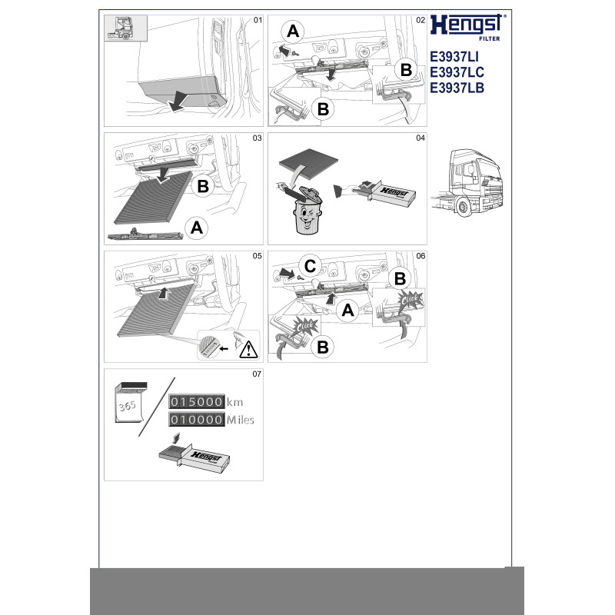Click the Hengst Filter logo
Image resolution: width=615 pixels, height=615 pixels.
tap(467, 28)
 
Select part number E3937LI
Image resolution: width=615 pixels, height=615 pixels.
tap(454, 57)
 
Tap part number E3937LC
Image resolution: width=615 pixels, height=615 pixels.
tap(457, 72)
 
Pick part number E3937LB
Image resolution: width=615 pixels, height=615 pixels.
tap(457, 88)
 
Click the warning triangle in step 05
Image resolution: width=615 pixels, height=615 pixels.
tap(248, 349)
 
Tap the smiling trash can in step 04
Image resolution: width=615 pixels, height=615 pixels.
tap(307, 211)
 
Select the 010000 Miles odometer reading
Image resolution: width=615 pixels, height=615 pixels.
tap(211, 420)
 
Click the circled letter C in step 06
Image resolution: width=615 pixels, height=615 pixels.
tap(310, 266)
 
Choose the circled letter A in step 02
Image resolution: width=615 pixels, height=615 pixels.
tap(293, 31)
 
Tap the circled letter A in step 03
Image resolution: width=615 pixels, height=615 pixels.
tap(197, 228)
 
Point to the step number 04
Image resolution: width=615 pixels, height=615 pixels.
tap(420, 138)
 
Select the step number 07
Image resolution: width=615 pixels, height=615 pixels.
tap(257, 374)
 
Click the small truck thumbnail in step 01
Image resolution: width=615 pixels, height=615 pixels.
tap(125, 28)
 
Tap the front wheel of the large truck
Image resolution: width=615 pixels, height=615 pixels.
tap(464, 208)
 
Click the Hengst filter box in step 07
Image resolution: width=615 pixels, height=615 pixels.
tap(194, 457)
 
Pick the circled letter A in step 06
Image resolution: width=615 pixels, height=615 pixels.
tap(347, 311)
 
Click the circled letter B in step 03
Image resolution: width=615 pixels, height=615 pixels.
tap(203, 186)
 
